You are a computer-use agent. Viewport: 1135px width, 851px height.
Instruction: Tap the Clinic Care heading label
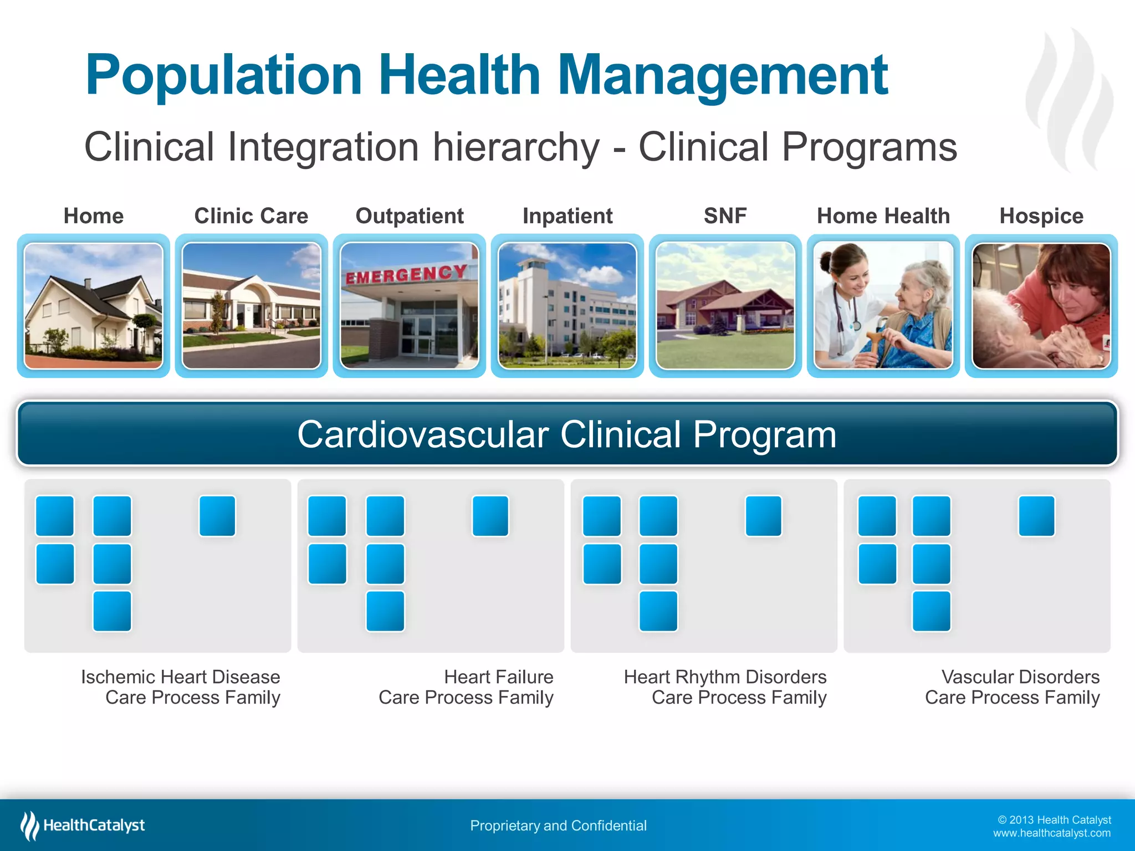tap(251, 216)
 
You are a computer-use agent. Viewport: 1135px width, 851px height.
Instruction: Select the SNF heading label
tap(725, 216)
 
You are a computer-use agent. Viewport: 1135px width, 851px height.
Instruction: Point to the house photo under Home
tap(94, 306)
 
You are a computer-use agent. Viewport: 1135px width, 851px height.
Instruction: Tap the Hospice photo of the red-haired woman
tap(1041, 306)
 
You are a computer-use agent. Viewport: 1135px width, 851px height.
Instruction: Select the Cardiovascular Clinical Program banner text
tap(566, 434)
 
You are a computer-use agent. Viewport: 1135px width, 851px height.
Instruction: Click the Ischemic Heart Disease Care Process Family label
tap(181, 687)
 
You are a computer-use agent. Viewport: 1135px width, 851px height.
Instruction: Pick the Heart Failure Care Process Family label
tap(466, 687)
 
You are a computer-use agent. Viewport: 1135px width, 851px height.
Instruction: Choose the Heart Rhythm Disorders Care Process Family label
tap(725, 687)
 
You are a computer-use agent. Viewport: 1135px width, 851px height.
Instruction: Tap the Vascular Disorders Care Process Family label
tap(1012, 687)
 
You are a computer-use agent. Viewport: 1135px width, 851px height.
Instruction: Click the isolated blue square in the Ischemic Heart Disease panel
tap(217, 516)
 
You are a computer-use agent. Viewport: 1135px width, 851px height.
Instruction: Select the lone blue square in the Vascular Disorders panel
tap(1036, 516)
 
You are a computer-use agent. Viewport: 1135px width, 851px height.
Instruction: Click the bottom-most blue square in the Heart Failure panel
tap(385, 611)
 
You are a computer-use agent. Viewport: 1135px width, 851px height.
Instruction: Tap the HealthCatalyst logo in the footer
tap(83, 826)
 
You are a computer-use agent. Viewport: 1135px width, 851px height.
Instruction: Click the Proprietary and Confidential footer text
tap(558, 826)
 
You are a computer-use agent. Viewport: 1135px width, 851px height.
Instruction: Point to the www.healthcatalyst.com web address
tap(1051, 833)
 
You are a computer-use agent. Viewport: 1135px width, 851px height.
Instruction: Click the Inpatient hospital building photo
tap(567, 306)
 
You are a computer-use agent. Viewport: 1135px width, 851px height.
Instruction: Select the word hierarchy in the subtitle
tap(516, 147)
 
